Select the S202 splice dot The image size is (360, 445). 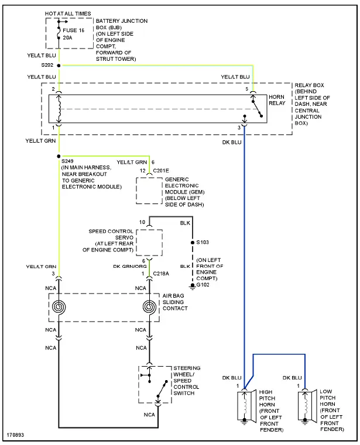pyautogui.click(x=59, y=65)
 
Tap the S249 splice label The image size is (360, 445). pyautogui.click(x=68, y=160)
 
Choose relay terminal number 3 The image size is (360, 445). pyautogui.click(x=239, y=127)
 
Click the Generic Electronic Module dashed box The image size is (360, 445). pyautogui.click(x=149, y=190)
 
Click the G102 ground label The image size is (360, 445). pyautogui.click(x=202, y=284)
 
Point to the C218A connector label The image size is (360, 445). pyautogui.click(x=161, y=273)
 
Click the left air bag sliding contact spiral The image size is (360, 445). pyautogui.click(x=59, y=308)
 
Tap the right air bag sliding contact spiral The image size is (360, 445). pyautogui.click(x=149, y=308)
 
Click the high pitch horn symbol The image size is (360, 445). pyautogui.click(x=244, y=405)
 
